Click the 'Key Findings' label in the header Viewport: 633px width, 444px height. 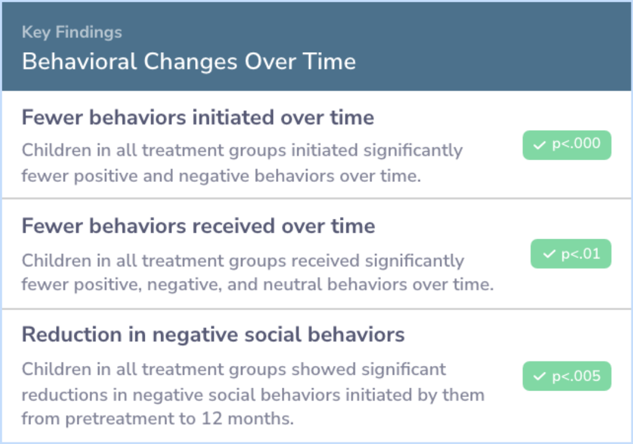pyautogui.click(x=72, y=32)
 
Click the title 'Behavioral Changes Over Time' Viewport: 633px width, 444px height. pyautogui.click(x=189, y=62)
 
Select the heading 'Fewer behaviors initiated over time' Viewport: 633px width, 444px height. pyautogui.click(x=198, y=117)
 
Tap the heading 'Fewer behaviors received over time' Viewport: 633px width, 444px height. pyautogui.click(x=198, y=226)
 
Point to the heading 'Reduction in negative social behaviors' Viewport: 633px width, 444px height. pyautogui.click(x=213, y=334)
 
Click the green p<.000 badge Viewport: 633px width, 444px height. pyautogui.click(x=567, y=145)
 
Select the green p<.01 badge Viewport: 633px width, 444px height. pyautogui.click(x=571, y=254)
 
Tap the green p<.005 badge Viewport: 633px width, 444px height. pyautogui.click(x=567, y=376)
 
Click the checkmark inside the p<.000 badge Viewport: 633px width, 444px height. pyautogui.click(x=539, y=145)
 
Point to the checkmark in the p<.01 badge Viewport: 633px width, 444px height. pyautogui.click(x=549, y=254)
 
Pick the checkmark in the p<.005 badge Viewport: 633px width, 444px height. pyautogui.click(x=539, y=377)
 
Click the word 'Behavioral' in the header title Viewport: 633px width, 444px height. pyautogui.click(x=79, y=62)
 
